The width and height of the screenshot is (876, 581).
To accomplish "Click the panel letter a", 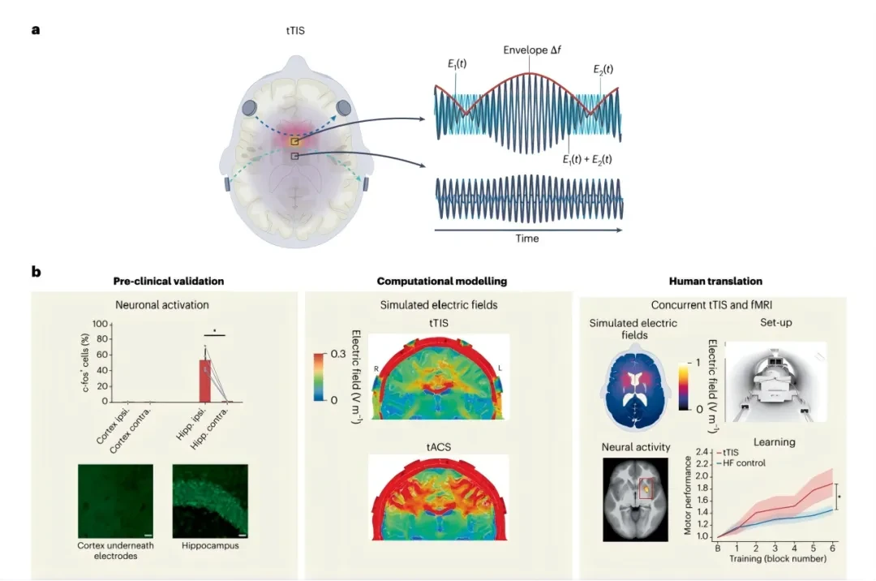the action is coord(36,29).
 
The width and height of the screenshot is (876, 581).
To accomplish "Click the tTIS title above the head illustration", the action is coord(295,31).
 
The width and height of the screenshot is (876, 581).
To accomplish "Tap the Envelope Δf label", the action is coord(532,49).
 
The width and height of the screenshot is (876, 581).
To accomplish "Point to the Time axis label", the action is coord(527,238).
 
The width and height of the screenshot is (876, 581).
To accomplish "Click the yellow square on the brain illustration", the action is coord(294,142).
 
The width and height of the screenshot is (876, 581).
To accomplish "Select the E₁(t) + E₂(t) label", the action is coord(587,160).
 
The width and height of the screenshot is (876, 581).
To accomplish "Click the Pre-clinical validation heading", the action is coord(169,281).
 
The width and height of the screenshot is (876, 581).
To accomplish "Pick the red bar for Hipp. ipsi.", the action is coord(205,381).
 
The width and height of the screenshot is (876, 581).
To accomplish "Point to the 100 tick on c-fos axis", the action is coord(100,324).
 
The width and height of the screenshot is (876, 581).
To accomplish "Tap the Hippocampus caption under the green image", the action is coord(210,545).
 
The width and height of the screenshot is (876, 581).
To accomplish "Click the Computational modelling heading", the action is coord(442,281).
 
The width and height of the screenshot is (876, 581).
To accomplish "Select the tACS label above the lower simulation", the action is coord(439,447).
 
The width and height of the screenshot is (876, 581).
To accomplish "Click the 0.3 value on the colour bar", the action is coord(338,354).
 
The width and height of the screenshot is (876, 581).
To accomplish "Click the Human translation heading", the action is coord(715,281).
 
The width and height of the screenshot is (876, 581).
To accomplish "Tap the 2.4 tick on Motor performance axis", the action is coord(702,451).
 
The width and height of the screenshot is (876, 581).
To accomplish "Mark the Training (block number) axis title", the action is coord(778,558).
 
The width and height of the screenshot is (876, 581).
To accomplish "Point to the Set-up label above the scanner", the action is coord(775,322).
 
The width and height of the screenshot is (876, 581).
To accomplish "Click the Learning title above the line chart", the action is coord(775,442).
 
